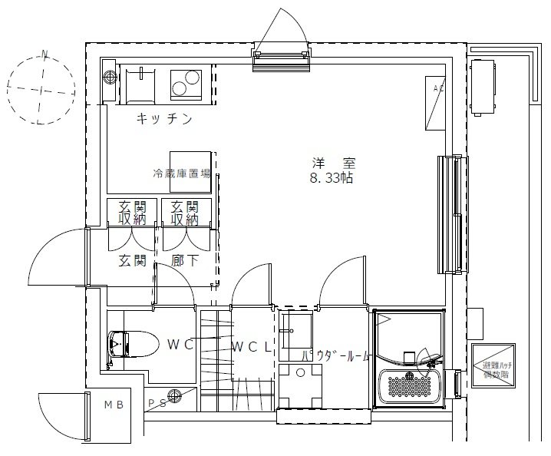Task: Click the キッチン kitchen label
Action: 163,119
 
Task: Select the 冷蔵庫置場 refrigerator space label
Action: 181,173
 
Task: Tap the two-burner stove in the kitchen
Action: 185,82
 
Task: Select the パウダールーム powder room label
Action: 335,357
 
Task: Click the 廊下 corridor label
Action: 185,261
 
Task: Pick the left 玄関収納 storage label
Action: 131,213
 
